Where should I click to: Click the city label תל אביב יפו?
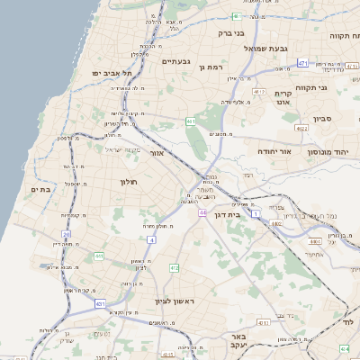point(111,72)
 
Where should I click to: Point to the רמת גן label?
point(212,67)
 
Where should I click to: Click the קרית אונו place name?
point(284,98)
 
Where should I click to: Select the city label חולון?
point(127,182)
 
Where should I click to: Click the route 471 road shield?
point(302,63)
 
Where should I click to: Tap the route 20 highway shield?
point(66,234)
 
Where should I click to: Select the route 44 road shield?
point(203,212)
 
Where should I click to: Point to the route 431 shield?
point(100,304)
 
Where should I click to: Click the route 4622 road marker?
point(301,129)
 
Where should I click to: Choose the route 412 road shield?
point(174,268)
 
